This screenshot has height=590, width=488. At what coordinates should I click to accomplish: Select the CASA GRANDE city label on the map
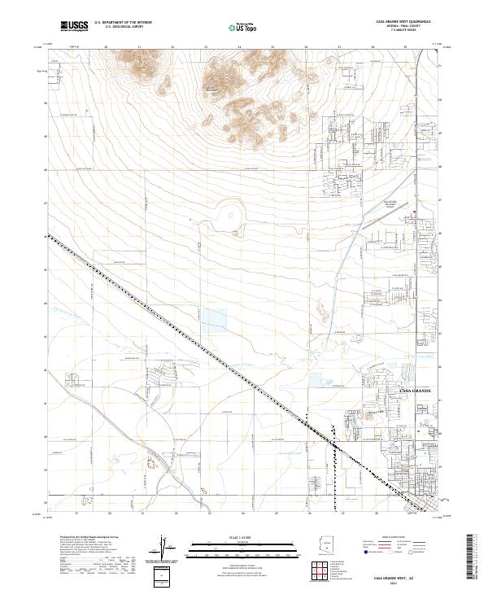click(419, 392)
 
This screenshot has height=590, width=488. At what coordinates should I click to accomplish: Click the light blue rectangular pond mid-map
click(213, 317)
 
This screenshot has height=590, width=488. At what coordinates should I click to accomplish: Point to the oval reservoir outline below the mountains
click(230, 216)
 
